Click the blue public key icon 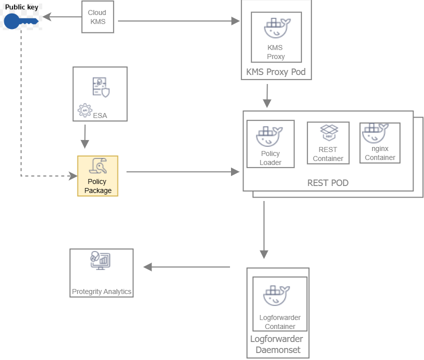20,21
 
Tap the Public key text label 21,7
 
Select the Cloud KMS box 97,17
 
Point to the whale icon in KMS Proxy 276,28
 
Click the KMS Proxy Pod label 276,72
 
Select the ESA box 100,94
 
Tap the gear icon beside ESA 85,110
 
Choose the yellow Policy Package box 97,176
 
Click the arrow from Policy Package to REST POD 183,172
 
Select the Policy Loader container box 270,144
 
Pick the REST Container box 328,143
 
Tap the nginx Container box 380,142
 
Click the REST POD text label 327,183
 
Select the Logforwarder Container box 280,303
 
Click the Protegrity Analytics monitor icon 100,261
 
